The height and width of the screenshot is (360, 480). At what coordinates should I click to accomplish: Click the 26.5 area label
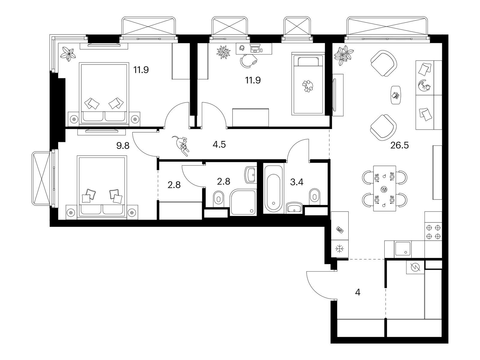click(x=399, y=145)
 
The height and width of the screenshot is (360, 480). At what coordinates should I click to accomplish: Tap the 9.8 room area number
click(x=123, y=145)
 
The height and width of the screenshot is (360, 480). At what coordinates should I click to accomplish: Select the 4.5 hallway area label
click(x=219, y=145)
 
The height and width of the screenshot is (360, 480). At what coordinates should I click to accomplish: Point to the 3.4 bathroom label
click(x=296, y=182)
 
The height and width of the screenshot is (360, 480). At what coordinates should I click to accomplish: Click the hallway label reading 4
click(x=358, y=292)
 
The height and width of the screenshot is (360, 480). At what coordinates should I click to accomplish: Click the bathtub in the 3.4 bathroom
click(x=273, y=189)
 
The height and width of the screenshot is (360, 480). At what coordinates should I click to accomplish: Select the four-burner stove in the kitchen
click(x=433, y=232)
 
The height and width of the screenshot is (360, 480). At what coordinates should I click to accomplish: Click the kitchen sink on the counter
click(x=403, y=249)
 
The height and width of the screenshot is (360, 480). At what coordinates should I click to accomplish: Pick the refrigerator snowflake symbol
click(x=340, y=249)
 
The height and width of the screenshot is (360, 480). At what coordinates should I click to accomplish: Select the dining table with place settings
click(x=385, y=188)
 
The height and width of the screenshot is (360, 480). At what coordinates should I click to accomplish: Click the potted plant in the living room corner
click(x=344, y=55)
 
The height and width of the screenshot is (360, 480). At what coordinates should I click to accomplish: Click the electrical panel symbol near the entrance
click(x=415, y=267)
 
